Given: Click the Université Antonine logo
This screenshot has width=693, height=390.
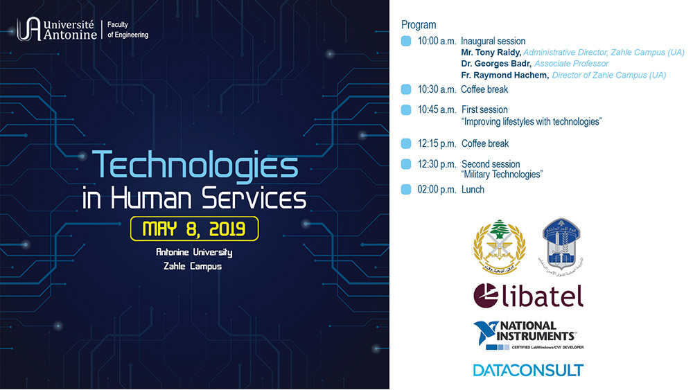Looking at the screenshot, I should click(x=58, y=29).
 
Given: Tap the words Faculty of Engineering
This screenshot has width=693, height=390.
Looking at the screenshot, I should click(x=128, y=29).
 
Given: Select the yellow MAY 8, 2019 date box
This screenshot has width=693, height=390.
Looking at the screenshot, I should click(x=195, y=229).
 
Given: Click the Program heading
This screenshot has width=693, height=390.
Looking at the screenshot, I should click(x=419, y=25).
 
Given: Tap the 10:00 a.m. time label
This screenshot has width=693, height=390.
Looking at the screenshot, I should click(x=437, y=41).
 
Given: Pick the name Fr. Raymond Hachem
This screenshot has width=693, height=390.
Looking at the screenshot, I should click(x=505, y=75).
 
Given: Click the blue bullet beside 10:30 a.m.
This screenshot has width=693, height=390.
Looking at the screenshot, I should click(x=406, y=89).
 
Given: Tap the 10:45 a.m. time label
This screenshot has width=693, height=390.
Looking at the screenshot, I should click(x=437, y=109).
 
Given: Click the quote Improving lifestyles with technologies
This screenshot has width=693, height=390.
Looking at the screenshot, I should click(x=531, y=121).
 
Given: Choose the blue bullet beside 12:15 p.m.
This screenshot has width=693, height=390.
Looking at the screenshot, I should click(x=406, y=143).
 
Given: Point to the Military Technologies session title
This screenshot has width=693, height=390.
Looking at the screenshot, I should click(x=502, y=174).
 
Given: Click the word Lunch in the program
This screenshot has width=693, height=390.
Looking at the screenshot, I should click(x=473, y=189).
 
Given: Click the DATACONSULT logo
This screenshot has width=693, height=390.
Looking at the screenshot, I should click(x=528, y=369).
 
